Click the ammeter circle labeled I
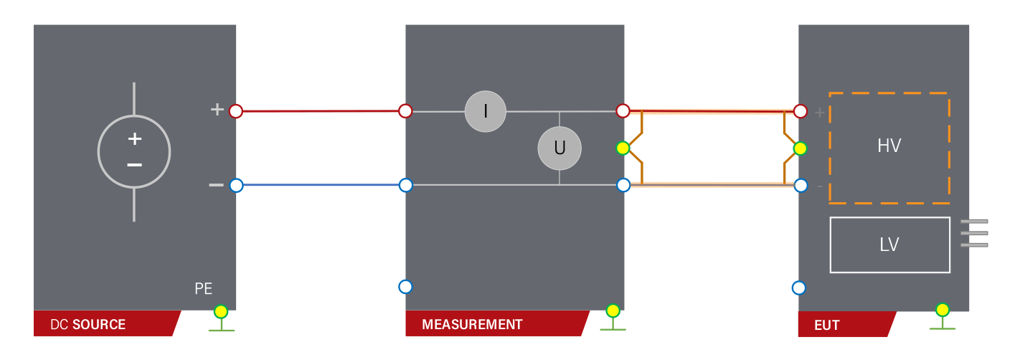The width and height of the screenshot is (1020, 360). [486, 111]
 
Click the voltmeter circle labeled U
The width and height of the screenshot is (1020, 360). [559, 148]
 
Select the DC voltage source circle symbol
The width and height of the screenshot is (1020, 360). [134, 152]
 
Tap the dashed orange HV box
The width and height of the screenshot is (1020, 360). [889, 148]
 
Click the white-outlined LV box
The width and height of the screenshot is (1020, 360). [889, 245]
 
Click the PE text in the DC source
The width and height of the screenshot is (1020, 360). [204, 289]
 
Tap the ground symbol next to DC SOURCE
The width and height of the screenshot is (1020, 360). [221, 318]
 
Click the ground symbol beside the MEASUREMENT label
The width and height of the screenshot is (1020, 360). [613, 317]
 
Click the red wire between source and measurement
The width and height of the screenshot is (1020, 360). [321, 111]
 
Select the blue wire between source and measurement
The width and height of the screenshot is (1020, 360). [321, 185]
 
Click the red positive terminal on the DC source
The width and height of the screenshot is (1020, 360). [236, 111]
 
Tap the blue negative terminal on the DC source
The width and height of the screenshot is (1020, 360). [236, 185]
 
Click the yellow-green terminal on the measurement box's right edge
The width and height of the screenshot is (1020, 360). [623, 148]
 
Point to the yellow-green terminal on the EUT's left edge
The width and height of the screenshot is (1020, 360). [800, 148]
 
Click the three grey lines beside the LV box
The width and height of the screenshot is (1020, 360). [974, 233]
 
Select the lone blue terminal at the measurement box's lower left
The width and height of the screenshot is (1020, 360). [405, 287]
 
